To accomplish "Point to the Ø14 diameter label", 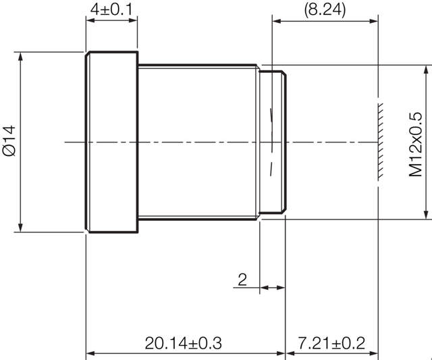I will (9, 141).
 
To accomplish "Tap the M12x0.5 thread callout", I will (416, 143).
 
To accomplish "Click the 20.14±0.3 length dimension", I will (183, 342).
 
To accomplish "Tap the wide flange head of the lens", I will (112, 142).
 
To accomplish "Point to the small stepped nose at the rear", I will (274, 142).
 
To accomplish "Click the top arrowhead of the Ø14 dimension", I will (22, 55).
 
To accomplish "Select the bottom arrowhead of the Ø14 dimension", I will (22, 228).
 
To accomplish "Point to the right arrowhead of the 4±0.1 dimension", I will (134, 20).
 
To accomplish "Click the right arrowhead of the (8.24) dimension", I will (375, 20).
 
